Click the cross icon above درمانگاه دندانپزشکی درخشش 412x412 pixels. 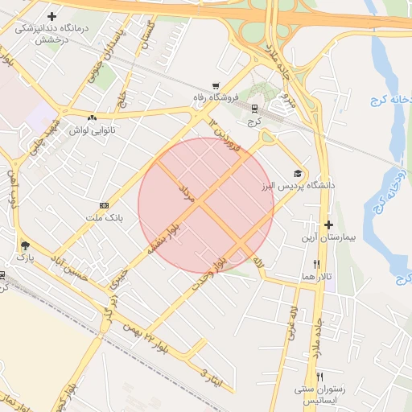[x=52, y=16]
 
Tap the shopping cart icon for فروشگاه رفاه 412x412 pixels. [x=215, y=86]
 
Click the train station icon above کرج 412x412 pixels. [x=255, y=108]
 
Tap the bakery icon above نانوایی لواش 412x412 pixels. [x=94, y=117]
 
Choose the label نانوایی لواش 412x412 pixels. [x=94, y=130]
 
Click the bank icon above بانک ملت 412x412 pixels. [x=104, y=205]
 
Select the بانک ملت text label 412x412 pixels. [x=104, y=217]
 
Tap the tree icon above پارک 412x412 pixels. [x=25, y=245]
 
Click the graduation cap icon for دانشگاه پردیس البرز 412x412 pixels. [x=299, y=174]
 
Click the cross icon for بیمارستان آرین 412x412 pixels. [x=328, y=225]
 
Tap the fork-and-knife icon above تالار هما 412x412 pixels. [x=316, y=263]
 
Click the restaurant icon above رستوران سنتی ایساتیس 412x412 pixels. [x=319, y=377]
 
